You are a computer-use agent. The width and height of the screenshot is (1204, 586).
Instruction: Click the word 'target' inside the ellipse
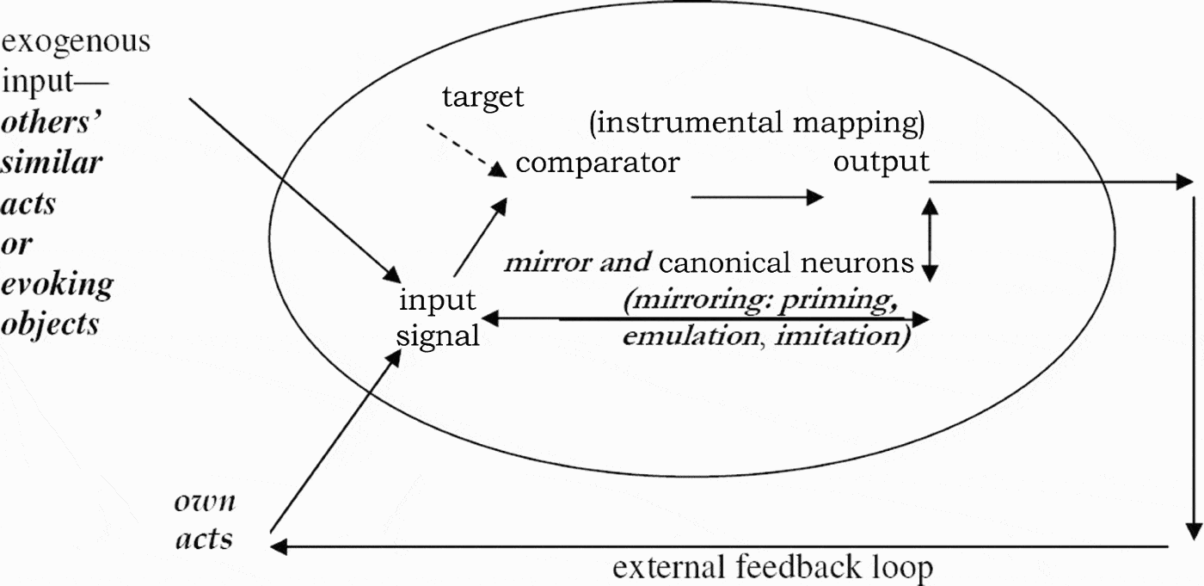pyautogui.click(x=482, y=96)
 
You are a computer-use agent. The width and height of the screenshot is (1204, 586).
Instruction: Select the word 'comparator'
pyautogui.click(x=597, y=162)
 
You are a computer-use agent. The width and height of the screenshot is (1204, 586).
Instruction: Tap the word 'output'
pyautogui.click(x=881, y=161)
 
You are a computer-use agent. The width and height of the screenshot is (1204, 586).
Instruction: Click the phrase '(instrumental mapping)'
pyautogui.click(x=757, y=123)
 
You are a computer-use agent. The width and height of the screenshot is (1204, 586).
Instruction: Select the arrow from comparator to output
pyautogui.click(x=757, y=197)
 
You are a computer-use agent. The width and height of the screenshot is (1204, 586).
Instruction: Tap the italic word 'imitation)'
pyautogui.click(x=843, y=336)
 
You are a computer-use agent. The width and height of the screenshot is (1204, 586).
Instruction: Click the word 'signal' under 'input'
pyautogui.click(x=438, y=335)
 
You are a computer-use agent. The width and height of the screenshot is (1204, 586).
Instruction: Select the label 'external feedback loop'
pyautogui.click(x=772, y=568)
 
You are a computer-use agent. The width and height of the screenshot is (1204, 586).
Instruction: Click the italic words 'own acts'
pyautogui.click(x=205, y=521)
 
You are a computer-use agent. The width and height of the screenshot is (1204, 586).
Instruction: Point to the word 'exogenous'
pyautogui.click(x=77, y=40)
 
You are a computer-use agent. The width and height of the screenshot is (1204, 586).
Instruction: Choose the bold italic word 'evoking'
pyautogui.click(x=57, y=284)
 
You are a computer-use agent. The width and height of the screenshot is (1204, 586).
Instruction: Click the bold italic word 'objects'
pyautogui.click(x=50, y=324)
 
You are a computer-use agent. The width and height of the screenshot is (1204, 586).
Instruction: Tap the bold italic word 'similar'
pyautogui.click(x=52, y=163)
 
